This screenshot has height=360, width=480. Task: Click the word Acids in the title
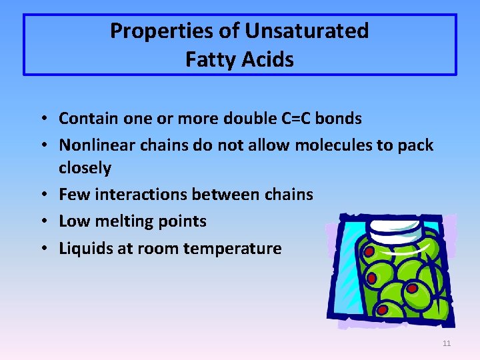(x=269, y=59)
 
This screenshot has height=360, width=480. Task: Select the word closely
(x=85, y=168)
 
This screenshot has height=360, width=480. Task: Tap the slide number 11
(x=446, y=343)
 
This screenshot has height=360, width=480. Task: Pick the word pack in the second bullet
(x=416, y=145)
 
